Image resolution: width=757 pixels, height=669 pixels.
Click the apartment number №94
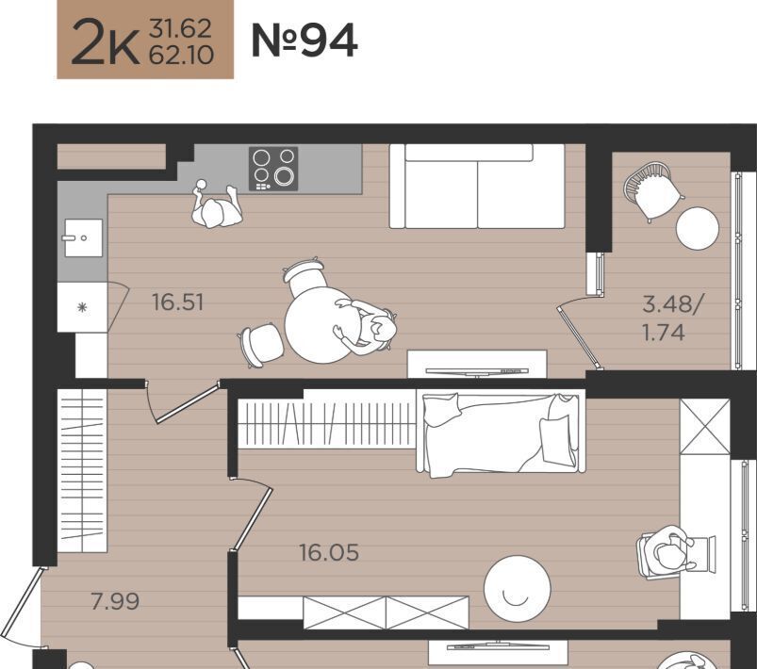[304, 41]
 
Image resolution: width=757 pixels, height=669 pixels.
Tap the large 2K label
[106, 41]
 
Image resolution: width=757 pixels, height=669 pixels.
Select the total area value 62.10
[181, 56]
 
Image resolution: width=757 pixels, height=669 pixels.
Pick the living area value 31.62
[181, 28]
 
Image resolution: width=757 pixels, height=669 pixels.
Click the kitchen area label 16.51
[177, 302]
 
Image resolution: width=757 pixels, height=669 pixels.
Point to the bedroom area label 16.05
[329, 553]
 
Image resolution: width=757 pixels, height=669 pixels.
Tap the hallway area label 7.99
[115, 601]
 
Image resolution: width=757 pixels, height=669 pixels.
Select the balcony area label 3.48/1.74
[671, 318]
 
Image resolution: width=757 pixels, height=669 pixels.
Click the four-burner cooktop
[273, 169]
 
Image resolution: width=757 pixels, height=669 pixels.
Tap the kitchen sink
[83, 238]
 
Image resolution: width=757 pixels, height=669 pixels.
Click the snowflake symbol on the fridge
[83, 306]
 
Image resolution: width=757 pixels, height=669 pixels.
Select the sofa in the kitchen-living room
[477, 187]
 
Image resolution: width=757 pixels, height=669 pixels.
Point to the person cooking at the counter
[216, 205]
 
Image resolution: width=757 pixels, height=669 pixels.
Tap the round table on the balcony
[697, 228]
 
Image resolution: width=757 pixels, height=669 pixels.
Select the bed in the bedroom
[501, 434]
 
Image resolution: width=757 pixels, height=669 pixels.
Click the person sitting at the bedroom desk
[669, 551]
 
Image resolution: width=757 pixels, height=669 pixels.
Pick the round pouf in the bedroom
[517, 589]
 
